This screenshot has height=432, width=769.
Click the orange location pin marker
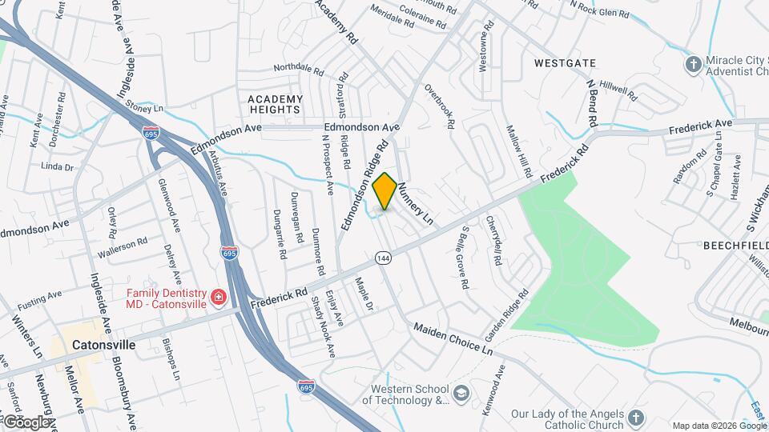point(385,191)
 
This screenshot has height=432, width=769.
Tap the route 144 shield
point(382,258)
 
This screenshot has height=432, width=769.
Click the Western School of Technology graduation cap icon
point(461,392)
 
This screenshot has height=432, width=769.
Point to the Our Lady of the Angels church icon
point(635,418)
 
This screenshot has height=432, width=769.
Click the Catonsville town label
point(103,345)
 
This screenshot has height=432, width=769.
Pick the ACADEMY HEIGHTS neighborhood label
point(276,104)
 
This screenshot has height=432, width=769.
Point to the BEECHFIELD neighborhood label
point(735,246)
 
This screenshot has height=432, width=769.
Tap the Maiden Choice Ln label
point(453,338)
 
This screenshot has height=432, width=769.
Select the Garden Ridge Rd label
point(507,313)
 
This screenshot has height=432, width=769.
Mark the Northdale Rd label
point(298,70)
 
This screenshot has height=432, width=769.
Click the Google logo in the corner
point(26,421)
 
